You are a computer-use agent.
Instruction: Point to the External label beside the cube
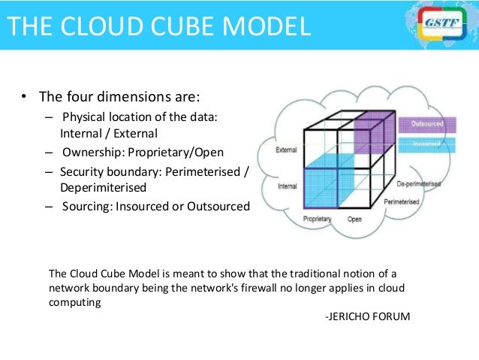(x=286, y=150)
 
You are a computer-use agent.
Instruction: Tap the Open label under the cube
(x=354, y=219)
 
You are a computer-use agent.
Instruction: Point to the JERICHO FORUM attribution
(x=367, y=316)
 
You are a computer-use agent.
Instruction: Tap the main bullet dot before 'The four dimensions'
(x=23, y=97)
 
